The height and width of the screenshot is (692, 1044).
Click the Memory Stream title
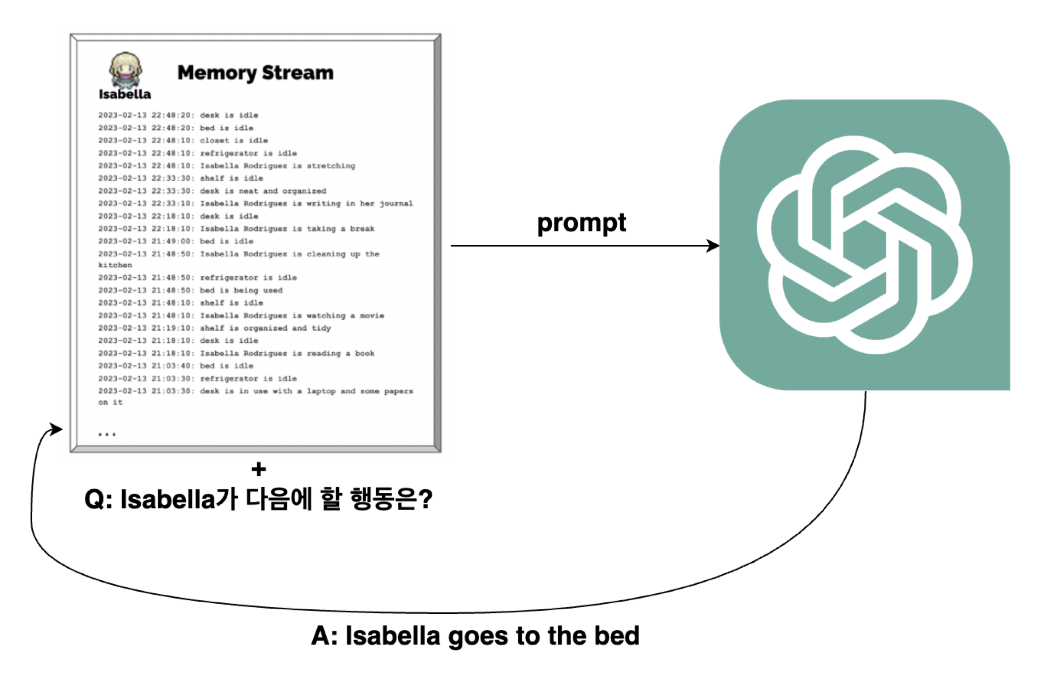point(255,73)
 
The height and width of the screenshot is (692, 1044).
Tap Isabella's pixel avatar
point(125,69)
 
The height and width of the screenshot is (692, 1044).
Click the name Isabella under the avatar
point(125,94)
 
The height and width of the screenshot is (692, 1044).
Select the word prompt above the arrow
point(581,224)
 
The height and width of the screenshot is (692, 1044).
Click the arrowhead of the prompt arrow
point(713,246)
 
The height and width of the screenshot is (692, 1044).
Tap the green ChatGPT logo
point(865,245)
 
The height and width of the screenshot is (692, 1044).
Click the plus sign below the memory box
point(259,469)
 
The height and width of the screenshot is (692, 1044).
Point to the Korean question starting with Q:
point(258,499)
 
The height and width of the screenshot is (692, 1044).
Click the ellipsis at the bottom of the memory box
point(107,434)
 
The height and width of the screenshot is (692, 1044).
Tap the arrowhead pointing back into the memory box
point(57,429)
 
